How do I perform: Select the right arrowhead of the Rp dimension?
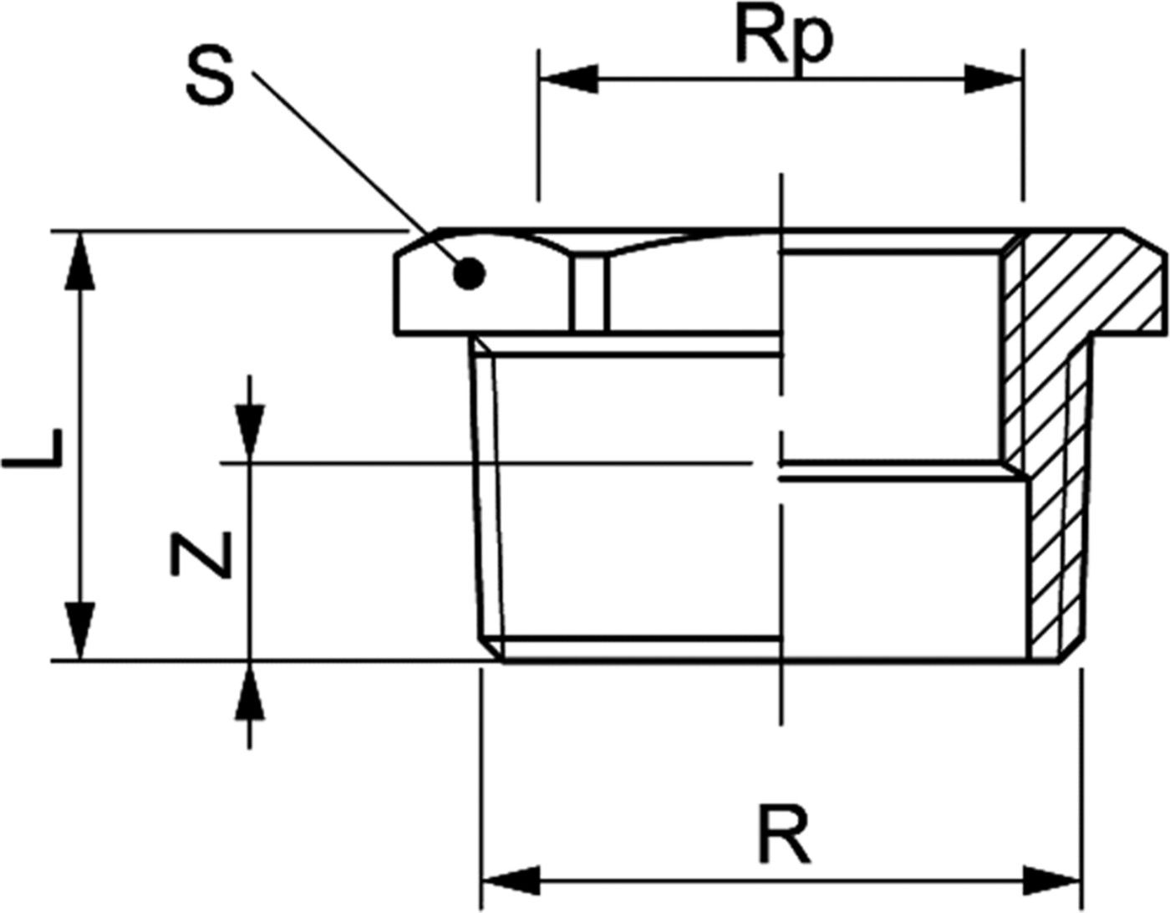[x=993, y=79]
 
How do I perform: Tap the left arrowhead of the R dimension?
[x=511, y=880]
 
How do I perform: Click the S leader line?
[x=351, y=167]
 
